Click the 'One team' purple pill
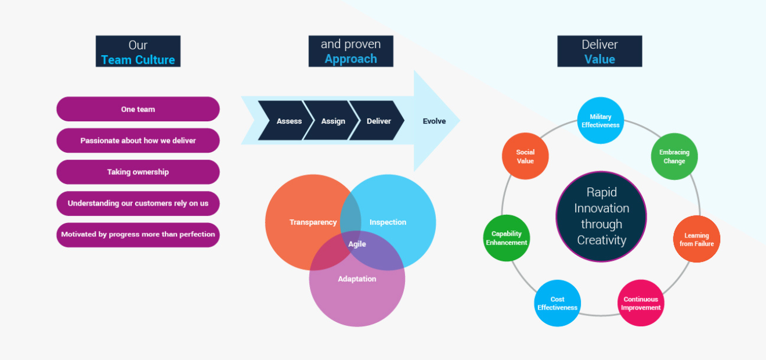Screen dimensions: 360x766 coord(138,109)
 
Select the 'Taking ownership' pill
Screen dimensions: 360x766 coord(138,172)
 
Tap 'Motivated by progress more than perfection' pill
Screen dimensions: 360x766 coord(138,235)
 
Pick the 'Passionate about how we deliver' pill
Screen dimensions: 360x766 coord(138,141)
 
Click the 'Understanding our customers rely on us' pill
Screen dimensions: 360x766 coord(138,203)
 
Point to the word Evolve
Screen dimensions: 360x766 coord(434,121)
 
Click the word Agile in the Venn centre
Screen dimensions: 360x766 coord(357,244)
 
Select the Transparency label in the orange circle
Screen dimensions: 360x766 coord(313,222)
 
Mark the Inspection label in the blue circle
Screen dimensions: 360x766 coord(388,222)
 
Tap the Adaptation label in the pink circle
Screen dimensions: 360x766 coord(357,279)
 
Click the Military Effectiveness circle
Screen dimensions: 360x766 coord(601,121)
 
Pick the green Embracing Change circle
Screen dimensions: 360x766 coord(674,157)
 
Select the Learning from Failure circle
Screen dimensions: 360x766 coord(696,240)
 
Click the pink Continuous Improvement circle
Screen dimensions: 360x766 coord(641,303)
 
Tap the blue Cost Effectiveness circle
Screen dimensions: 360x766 coord(558,303)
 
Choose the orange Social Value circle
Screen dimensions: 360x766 coord(525,157)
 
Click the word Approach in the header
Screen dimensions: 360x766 coord(351,59)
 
